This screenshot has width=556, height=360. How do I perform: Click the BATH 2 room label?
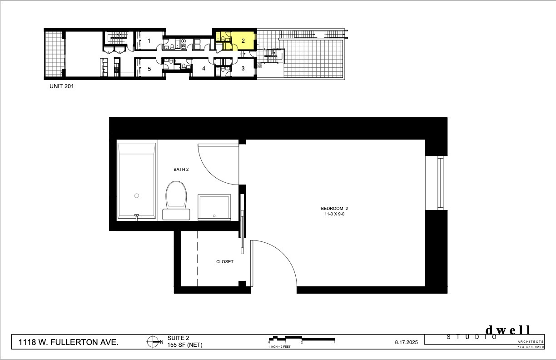[x=181, y=170]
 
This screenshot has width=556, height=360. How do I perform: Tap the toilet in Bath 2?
[x=176, y=200]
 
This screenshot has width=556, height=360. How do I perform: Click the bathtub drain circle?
[x=137, y=196]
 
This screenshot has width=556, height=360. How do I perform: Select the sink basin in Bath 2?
[x=214, y=207]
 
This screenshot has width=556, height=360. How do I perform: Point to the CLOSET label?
[x=225, y=262]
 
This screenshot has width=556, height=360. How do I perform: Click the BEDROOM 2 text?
[x=334, y=209]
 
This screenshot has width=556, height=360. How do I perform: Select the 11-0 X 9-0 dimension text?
[x=334, y=214]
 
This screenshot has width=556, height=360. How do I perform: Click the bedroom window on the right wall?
[x=440, y=183]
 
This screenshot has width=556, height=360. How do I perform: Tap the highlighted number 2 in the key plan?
[x=243, y=41]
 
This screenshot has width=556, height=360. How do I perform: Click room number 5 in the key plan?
[x=149, y=69]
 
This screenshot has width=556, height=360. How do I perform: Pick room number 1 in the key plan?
[x=149, y=41]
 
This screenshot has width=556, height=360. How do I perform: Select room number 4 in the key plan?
[x=204, y=68]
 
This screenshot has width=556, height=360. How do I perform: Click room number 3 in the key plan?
[x=243, y=68]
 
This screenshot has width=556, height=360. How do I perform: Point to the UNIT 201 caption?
[x=62, y=86]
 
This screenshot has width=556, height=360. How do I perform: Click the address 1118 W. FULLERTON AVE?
[x=68, y=342]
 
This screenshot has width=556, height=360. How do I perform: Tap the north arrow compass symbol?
[x=153, y=342]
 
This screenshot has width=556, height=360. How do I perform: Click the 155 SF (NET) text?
[x=185, y=345]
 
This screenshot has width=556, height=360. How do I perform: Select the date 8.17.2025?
[x=407, y=342]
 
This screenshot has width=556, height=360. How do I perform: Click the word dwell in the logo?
[x=507, y=330]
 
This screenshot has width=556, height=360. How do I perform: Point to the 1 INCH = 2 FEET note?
[x=279, y=346]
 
